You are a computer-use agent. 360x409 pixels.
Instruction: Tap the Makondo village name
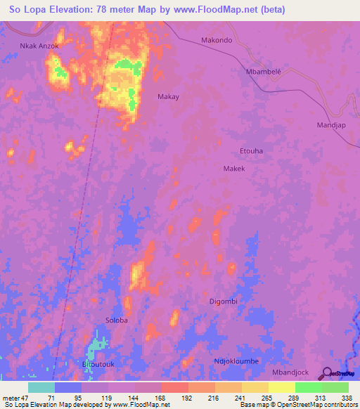click(x=217, y=40)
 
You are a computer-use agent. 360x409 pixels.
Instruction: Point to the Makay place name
click(x=168, y=97)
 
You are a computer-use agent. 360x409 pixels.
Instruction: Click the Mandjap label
click(x=331, y=124)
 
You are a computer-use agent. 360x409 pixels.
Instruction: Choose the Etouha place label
click(x=252, y=151)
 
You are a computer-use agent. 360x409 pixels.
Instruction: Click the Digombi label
click(x=224, y=301)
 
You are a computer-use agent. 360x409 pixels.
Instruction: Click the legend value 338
click(x=347, y=397)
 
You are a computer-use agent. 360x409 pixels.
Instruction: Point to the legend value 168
click(x=162, y=397)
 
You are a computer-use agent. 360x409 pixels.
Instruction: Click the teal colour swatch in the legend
click(x=41, y=387)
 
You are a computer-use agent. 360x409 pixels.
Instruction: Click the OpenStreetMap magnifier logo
click(x=328, y=373)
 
